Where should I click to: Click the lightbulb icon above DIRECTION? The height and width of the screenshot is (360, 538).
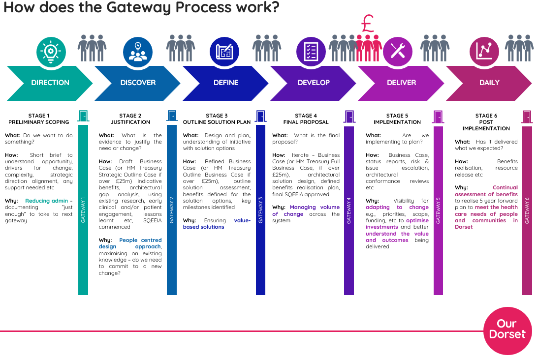50,51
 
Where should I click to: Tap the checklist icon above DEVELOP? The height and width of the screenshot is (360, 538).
310,51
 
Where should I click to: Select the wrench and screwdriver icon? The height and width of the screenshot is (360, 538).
397,51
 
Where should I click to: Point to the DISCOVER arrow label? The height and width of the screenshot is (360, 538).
138,83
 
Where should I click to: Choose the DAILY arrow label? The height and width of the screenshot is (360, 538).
489,83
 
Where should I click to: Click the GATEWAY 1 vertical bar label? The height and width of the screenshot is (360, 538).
83,210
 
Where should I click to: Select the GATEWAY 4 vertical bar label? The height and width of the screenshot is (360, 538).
348,210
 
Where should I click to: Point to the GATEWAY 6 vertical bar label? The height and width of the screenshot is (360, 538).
527,210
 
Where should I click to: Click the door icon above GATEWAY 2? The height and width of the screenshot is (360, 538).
172,116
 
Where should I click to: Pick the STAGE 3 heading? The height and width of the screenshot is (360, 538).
217,116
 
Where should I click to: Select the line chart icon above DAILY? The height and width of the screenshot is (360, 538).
484,51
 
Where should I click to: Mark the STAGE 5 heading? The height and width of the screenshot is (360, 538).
397,116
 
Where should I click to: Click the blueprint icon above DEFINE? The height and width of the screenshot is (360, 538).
224,51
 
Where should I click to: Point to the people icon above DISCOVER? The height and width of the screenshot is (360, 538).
138,51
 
